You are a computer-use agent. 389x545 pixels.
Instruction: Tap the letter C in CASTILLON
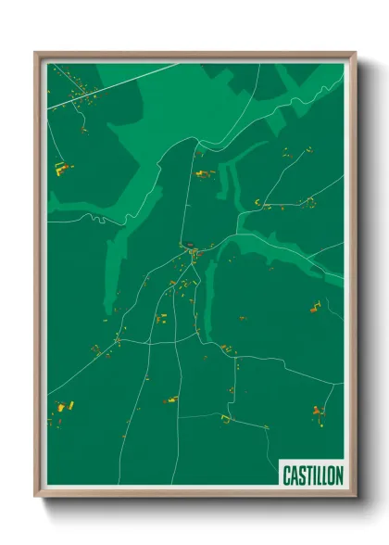285,475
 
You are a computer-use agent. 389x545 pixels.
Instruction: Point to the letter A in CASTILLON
293,475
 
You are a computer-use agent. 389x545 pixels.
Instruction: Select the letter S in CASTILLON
300,475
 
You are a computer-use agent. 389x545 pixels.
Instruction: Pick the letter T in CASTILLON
307,475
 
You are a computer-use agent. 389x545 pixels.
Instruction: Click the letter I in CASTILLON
313,475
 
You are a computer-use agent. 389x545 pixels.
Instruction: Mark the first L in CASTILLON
318,475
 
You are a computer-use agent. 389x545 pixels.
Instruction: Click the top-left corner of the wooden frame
36,53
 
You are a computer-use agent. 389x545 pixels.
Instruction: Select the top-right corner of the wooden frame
355,53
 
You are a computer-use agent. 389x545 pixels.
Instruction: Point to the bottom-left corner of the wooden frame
36,496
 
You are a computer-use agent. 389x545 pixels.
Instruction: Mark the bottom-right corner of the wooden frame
355,496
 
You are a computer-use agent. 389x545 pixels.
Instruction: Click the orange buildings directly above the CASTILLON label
318,410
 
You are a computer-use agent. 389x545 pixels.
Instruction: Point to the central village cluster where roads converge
194,251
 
